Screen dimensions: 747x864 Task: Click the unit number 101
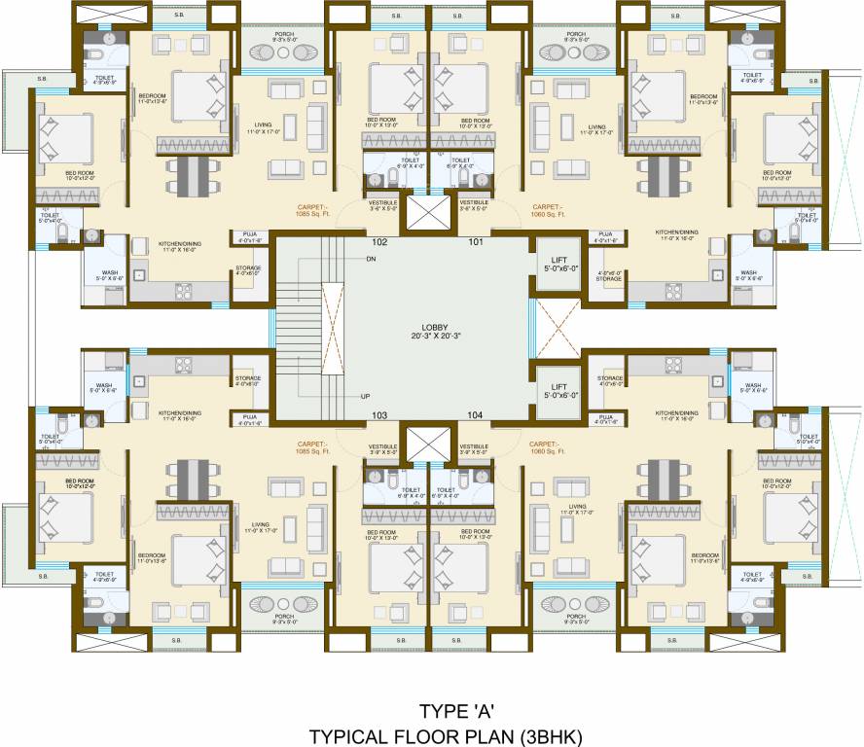coord(475,241)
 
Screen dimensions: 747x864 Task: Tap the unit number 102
coord(379,241)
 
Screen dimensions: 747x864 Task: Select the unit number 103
coord(379,415)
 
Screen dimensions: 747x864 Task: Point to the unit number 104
coord(475,415)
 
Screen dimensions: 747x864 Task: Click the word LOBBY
coord(434,327)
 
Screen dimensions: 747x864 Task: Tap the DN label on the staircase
coord(371,259)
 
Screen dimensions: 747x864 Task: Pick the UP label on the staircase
coord(365,397)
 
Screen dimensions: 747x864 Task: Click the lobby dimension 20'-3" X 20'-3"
coord(434,337)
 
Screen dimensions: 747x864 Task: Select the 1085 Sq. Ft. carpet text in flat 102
coord(313,214)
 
